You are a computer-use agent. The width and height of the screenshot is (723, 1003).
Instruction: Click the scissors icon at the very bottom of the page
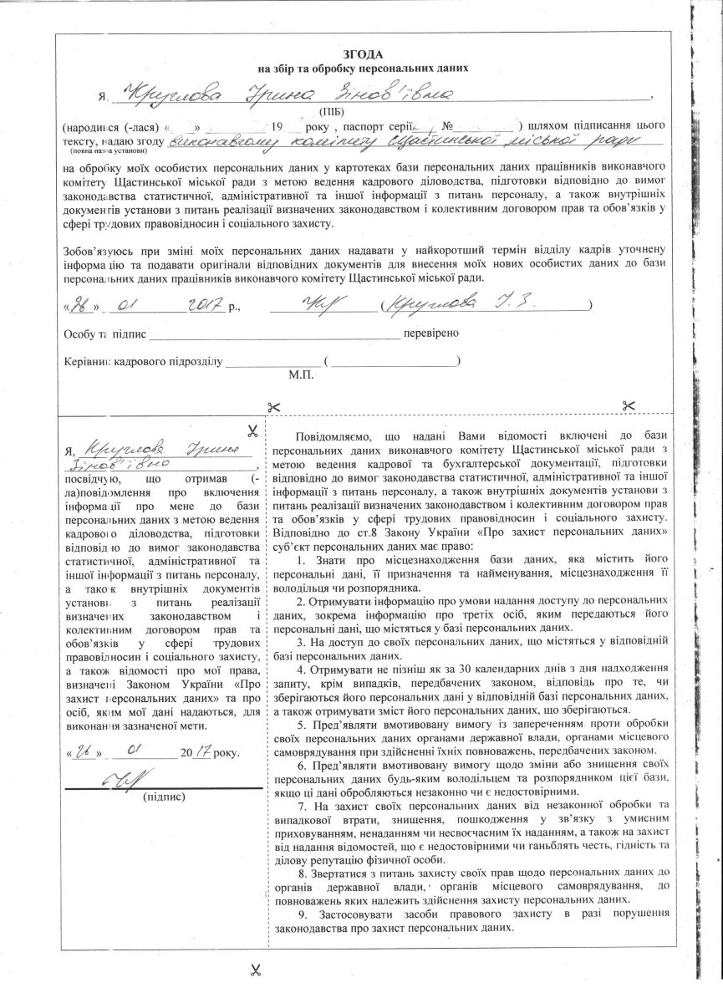click(x=256, y=971)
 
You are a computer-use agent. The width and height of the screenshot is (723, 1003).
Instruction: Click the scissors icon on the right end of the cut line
click(x=629, y=405)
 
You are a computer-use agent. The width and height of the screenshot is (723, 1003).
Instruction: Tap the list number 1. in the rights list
click(x=301, y=559)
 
